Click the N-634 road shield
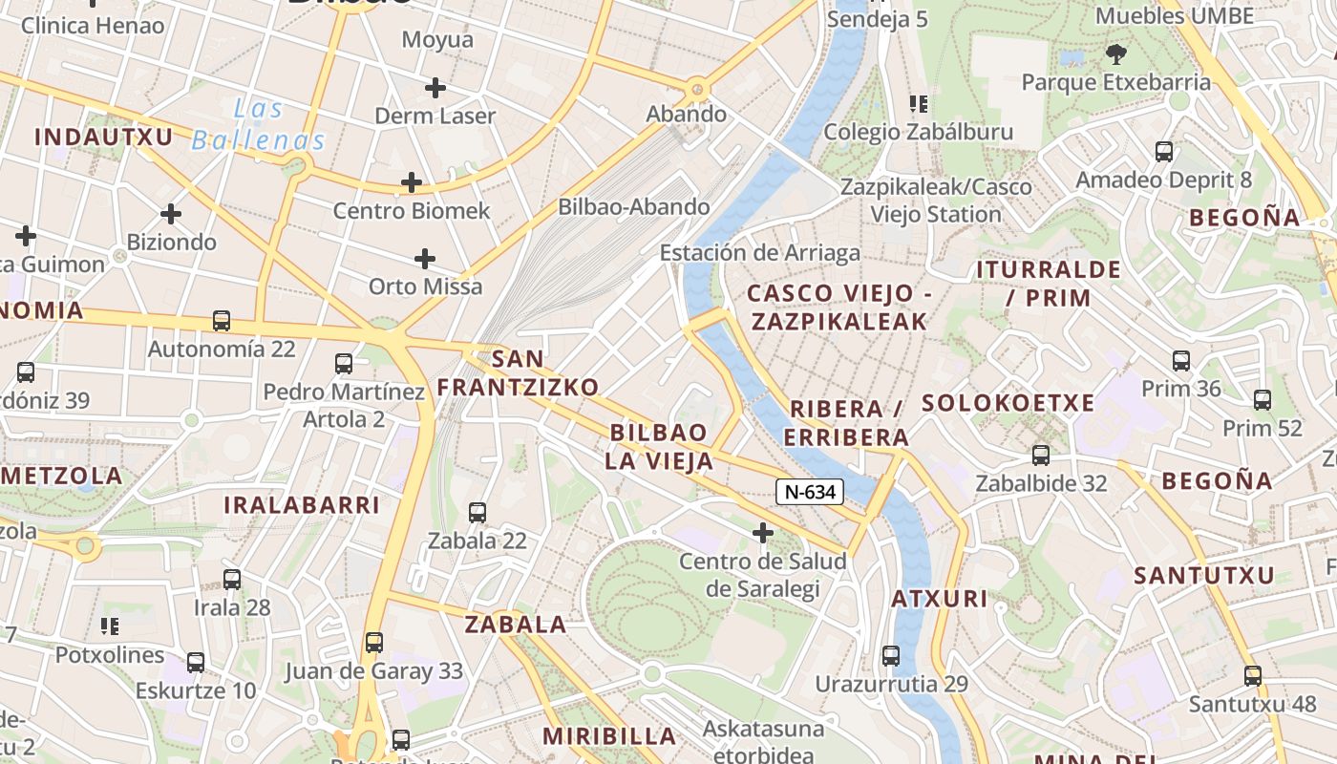tap(810, 492)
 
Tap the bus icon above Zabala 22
tap(477, 513)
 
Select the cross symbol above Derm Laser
tap(435, 89)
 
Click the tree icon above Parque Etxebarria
tap(1115, 54)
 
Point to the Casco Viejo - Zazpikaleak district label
tap(838, 307)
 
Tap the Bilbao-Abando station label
tap(634, 207)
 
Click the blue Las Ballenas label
tap(259, 126)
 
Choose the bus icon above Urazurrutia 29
tap(891, 656)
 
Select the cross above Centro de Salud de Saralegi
tap(762, 532)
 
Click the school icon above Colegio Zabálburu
tap(919, 104)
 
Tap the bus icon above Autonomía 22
tap(222, 321)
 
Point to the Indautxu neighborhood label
tap(104, 138)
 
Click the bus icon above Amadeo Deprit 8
tap(1164, 152)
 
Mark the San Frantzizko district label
tap(519, 372)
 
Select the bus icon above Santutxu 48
tap(1253, 676)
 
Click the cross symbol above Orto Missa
tap(425, 259)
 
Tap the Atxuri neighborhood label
tap(940, 600)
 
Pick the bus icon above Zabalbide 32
tap(1041, 456)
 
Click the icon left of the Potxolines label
tap(110, 626)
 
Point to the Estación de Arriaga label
tap(760, 253)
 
